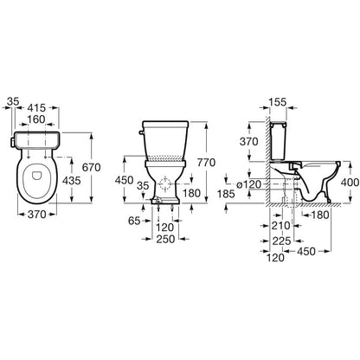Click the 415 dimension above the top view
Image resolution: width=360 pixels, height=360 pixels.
pyautogui.click(x=37, y=107)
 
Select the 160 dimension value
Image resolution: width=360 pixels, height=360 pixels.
pyautogui.click(x=36, y=119)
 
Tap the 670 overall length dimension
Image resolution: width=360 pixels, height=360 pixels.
pyautogui.click(x=92, y=167)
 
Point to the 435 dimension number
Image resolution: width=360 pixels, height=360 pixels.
pyautogui.click(x=72, y=181)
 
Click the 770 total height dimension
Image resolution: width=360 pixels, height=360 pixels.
pyautogui.click(x=206, y=163)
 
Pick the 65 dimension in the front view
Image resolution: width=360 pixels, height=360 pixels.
pyautogui.click(x=134, y=221)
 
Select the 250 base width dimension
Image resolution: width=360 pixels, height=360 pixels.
pyautogui.click(x=165, y=239)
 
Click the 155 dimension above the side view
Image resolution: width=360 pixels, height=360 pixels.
pyautogui.click(x=278, y=102)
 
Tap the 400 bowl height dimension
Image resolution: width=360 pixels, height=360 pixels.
pyautogui.click(x=350, y=182)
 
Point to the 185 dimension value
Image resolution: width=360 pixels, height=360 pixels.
pyautogui.click(x=227, y=194)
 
